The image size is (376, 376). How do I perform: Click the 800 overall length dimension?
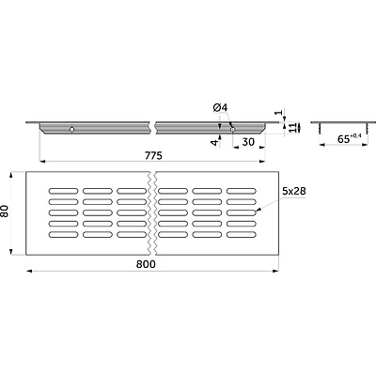(146, 264)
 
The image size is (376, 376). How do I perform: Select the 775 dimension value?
(153, 155)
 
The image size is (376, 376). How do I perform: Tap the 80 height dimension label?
(6, 211)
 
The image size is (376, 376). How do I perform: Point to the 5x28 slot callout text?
(294, 191)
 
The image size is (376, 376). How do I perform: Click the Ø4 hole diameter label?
(220, 107)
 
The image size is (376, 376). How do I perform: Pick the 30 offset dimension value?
(248, 142)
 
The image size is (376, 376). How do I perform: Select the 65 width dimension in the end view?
(349, 138)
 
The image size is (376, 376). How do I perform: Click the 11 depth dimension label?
(292, 128)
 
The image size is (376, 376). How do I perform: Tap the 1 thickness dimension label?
(281, 113)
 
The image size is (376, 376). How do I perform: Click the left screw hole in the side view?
(72, 130)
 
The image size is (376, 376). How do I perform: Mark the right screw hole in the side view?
(232, 130)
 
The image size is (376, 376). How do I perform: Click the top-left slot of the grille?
(63, 191)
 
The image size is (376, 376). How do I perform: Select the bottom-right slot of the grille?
(242, 234)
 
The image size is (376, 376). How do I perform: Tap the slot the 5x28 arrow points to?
(242, 212)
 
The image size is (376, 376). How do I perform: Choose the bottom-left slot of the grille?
(63, 234)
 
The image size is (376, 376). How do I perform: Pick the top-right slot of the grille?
(242, 191)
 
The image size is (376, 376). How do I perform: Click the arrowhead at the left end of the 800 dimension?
(28, 271)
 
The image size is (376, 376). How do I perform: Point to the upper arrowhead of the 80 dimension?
(11, 174)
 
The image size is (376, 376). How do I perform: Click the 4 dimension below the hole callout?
(214, 143)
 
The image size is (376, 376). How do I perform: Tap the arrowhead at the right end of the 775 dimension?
(262, 162)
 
